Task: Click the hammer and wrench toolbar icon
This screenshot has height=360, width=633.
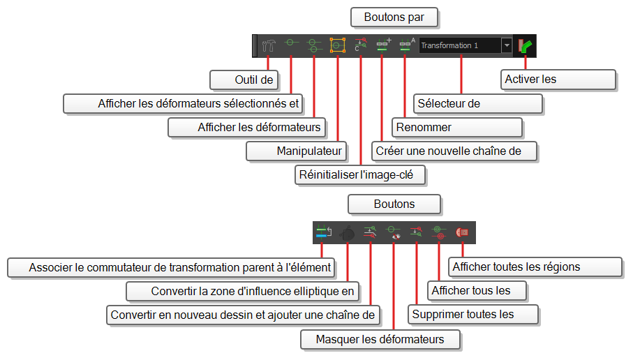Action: (x=269, y=45)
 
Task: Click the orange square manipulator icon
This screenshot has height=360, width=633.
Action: (x=338, y=45)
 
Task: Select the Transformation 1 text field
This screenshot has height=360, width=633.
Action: (x=460, y=45)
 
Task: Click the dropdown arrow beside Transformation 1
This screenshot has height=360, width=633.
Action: (x=507, y=45)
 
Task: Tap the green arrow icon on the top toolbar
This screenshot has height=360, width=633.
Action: (x=526, y=45)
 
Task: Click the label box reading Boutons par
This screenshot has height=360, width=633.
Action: (x=394, y=17)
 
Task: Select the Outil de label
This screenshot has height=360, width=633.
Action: (x=244, y=80)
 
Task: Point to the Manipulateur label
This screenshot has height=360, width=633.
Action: (x=297, y=151)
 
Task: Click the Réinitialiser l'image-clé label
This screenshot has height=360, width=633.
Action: (x=360, y=175)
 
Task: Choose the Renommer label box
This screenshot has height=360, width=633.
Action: (x=457, y=128)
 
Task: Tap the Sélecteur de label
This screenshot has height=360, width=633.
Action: (x=478, y=104)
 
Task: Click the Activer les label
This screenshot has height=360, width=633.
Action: (x=558, y=80)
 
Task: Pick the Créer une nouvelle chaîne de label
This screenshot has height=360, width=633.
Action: (x=454, y=151)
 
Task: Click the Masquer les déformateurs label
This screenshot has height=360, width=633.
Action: (x=380, y=340)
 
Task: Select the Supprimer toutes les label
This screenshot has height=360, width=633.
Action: (x=473, y=315)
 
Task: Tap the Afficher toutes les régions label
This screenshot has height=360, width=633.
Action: (x=535, y=267)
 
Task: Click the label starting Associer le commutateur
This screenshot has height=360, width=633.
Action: (x=171, y=268)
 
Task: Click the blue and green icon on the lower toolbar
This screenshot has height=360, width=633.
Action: (x=323, y=232)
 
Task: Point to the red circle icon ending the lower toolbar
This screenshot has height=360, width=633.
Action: (x=462, y=232)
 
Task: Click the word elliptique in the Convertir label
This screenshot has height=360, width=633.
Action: (x=304, y=292)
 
